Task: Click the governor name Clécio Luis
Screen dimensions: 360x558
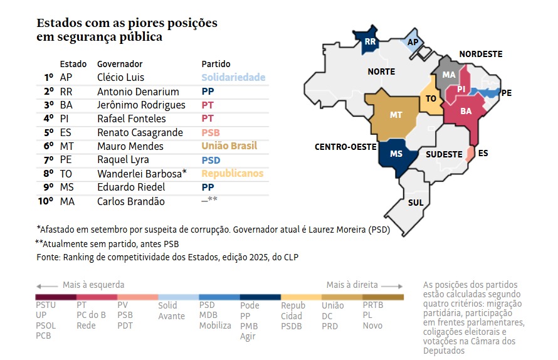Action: pos(120,78)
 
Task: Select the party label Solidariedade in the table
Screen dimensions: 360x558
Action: pos(233,78)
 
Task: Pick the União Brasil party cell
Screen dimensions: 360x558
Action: pos(229,146)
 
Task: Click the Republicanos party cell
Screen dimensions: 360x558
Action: pos(232,174)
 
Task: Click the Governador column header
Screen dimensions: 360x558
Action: pos(120,64)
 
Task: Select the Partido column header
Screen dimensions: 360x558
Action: pos(216,64)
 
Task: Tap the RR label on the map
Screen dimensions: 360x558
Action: pos(369,43)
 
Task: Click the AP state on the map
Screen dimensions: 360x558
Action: pos(413,42)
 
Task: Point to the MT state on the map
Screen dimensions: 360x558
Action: pos(396,115)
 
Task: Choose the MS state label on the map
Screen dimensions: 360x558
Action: pos(396,154)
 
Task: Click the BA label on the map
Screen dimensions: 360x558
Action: pos(466,111)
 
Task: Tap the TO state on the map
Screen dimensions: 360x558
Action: pos(431,99)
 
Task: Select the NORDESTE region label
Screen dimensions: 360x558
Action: pos(481,54)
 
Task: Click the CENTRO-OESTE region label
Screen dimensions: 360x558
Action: pos(345,147)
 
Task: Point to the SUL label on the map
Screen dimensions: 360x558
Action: pos(415,203)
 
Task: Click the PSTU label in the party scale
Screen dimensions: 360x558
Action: pos(46,305)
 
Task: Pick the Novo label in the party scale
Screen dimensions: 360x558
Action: pos(372,326)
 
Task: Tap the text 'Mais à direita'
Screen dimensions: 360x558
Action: pos(352,285)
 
